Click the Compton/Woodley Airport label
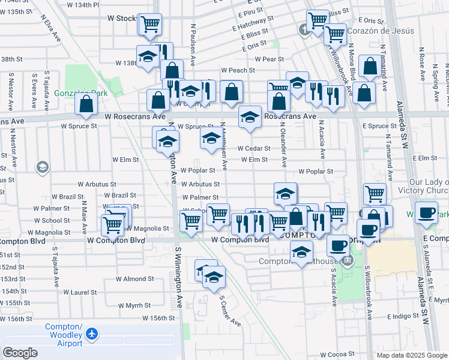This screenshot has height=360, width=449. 64,335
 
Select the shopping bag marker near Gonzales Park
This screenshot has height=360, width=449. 86,104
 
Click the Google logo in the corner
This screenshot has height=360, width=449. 20,353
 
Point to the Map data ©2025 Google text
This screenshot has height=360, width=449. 411,355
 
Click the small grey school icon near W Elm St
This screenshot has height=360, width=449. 42,167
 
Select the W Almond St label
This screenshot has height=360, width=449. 135,279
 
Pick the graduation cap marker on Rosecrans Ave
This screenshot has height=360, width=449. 250,117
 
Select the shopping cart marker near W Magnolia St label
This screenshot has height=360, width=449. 112,226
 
